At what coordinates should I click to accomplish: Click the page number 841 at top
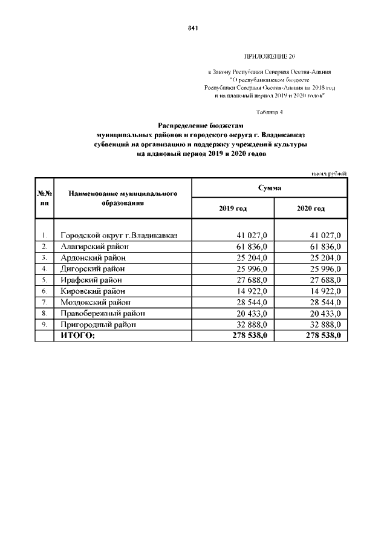tap(193, 28)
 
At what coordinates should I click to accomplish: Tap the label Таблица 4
tap(270, 112)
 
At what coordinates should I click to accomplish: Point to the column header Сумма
tap(269, 189)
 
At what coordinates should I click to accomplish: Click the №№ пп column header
tap(45, 198)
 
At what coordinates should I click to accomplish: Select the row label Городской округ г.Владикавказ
tap(119, 235)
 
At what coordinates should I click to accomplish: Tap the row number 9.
tap(44, 325)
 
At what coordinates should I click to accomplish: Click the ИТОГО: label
tap(78, 335)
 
